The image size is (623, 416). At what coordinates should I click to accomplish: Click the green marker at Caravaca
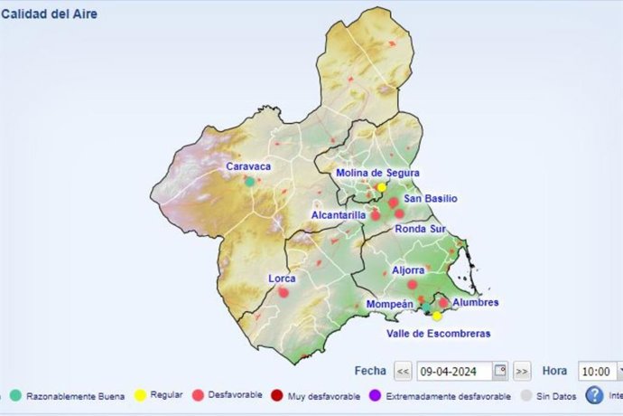(250, 181)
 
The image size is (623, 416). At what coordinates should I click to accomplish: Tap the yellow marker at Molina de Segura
(382, 187)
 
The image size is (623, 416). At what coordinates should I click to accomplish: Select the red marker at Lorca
(284, 292)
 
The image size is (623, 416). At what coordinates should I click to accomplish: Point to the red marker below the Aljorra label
(412, 284)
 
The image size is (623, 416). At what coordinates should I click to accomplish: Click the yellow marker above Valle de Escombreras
(437, 316)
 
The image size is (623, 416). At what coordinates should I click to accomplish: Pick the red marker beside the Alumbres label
(443, 303)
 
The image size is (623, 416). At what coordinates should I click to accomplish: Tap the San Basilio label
(430, 198)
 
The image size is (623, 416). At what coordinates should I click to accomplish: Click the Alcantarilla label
(338, 215)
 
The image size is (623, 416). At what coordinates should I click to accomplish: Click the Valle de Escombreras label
(438, 334)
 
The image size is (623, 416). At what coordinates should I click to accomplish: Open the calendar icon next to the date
(500, 371)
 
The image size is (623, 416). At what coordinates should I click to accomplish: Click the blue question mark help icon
(594, 395)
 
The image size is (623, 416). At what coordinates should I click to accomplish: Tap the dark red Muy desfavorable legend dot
(277, 395)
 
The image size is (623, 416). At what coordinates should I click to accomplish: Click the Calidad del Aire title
(50, 14)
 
